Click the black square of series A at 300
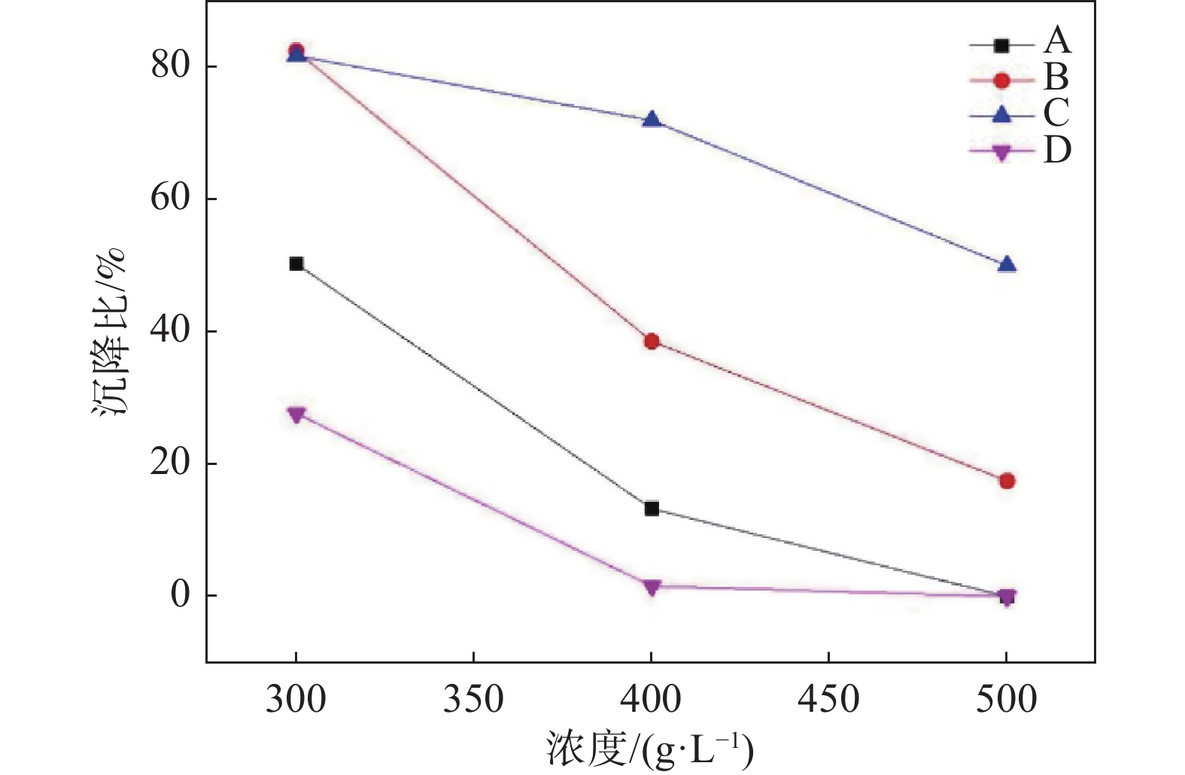[296, 263]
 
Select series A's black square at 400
[652, 509]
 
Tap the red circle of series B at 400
[652, 342]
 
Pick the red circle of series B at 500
[1007, 481]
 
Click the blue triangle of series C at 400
[652, 120]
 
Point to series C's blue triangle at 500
[1007, 264]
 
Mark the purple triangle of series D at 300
[296, 415]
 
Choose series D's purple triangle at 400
[652, 587]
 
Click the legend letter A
[1057, 41]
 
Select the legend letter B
[1056, 77]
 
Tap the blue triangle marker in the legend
[1001, 114]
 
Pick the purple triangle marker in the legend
[1001, 153]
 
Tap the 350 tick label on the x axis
[473, 700]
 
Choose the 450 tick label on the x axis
[828, 700]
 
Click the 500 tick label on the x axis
[1007, 700]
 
